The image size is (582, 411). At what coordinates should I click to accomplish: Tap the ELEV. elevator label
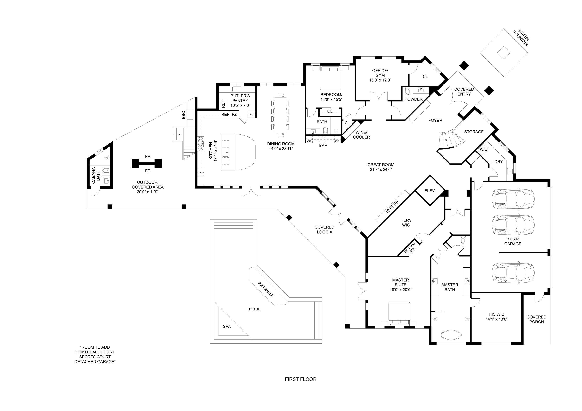[430, 191]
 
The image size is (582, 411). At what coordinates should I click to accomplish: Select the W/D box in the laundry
[483, 149]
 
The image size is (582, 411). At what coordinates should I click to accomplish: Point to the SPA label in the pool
[227, 327]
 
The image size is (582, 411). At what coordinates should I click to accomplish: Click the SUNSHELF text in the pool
[265, 289]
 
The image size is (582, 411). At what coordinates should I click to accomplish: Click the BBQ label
[184, 115]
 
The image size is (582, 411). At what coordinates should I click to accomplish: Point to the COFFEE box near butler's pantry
[251, 115]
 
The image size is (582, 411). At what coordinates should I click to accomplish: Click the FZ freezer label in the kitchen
[234, 115]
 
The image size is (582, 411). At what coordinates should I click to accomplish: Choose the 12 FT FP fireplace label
[392, 207]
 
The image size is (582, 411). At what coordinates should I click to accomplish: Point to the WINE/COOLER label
[361, 135]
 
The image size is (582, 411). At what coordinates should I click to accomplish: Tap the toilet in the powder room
[407, 90]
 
